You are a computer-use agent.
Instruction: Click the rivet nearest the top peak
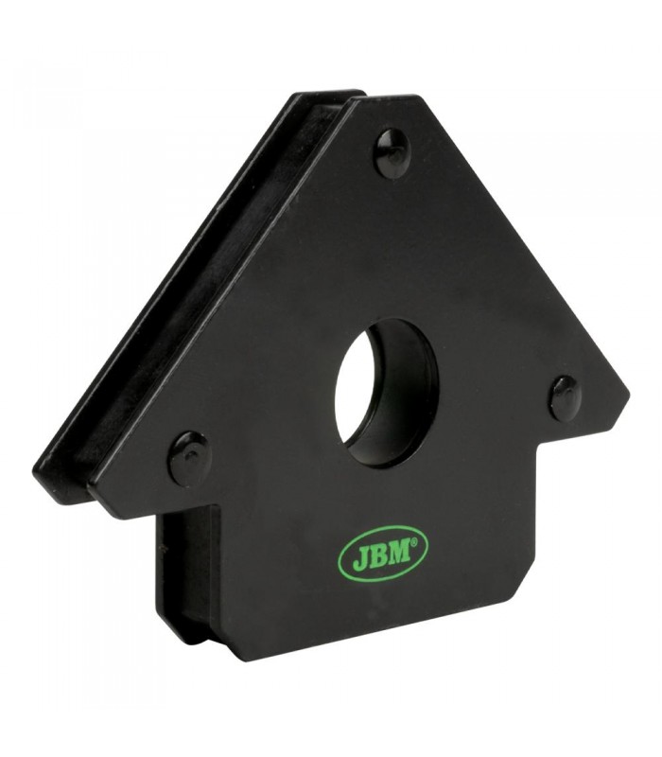click(x=393, y=153)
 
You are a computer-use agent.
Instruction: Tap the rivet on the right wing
click(x=565, y=396)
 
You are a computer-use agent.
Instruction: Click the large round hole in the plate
click(x=386, y=392)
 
